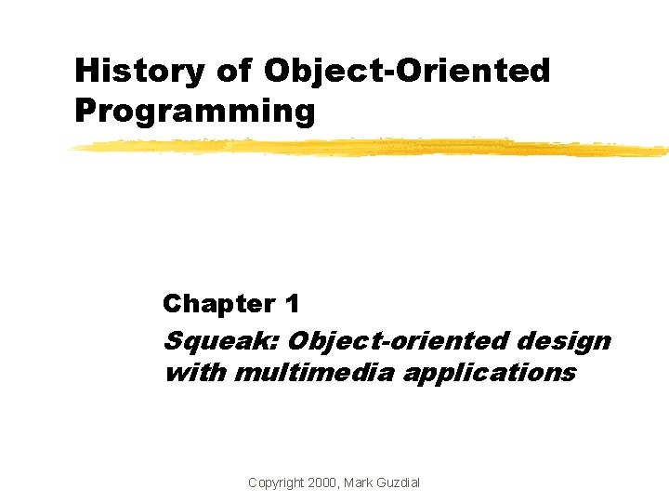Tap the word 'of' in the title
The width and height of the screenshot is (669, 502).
click(231, 71)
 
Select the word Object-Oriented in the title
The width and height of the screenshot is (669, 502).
click(407, 71)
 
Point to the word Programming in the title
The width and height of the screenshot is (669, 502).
click(195, 111)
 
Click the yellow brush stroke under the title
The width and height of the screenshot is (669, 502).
click(372, 147)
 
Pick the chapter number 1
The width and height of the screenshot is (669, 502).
click(293, 303)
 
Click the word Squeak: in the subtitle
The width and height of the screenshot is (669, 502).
click(221, 342)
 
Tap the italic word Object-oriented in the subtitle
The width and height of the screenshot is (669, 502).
click(388, 342)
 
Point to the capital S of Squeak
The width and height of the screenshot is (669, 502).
click(173, 342)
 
